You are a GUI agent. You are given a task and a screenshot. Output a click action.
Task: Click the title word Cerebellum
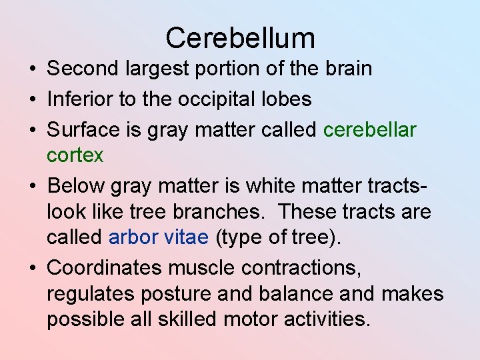pos(240,38)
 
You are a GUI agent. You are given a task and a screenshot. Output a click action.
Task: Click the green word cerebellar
pos(370,129)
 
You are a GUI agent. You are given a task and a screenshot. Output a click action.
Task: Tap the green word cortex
pos(75,155)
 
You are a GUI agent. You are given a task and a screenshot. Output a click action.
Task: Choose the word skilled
pos(187,319)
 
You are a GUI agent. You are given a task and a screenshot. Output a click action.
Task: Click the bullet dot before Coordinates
pos(33,269)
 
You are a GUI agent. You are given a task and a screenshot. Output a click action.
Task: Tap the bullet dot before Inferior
pos(33,100)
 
